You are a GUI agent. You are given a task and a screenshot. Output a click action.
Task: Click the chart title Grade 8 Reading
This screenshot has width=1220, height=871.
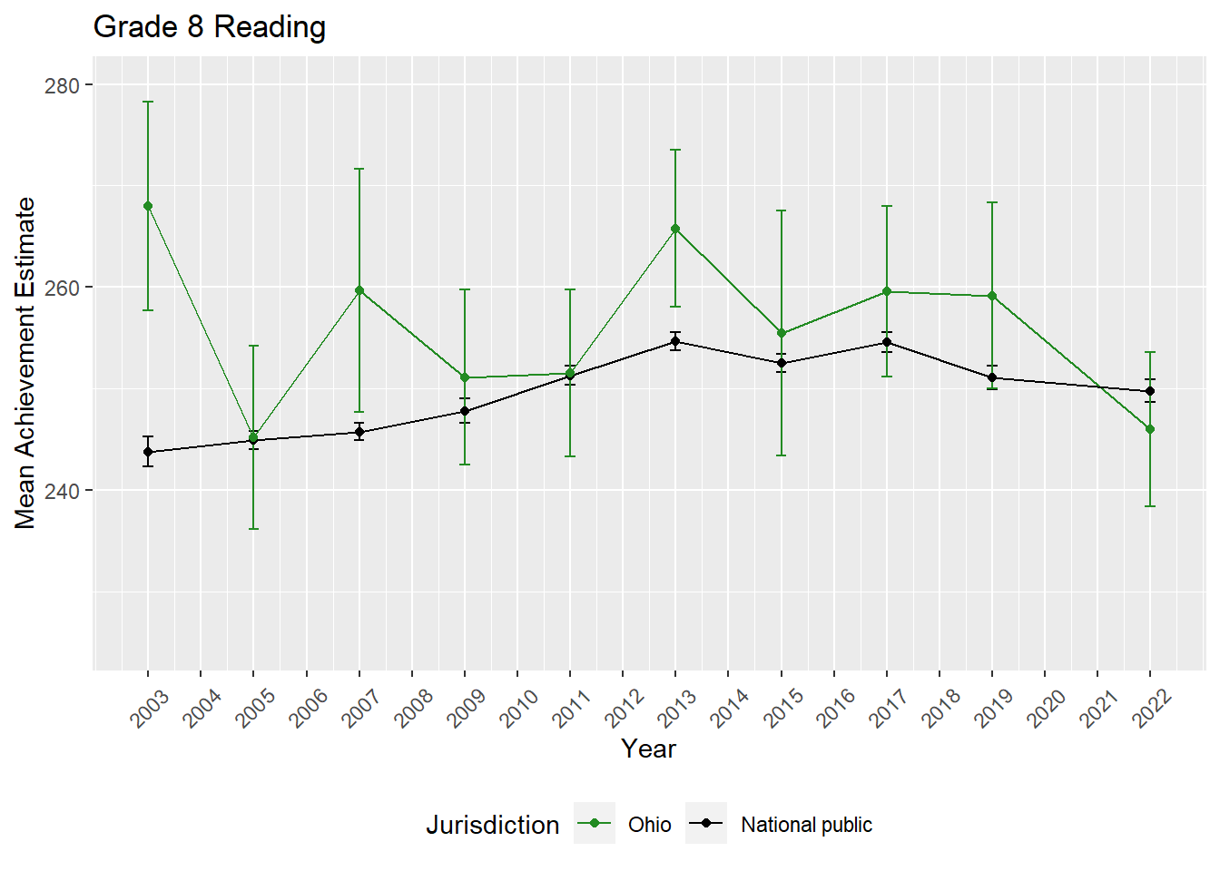tap(210, 27)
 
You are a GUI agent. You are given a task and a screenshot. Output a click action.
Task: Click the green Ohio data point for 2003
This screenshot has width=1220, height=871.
tap(148, 206)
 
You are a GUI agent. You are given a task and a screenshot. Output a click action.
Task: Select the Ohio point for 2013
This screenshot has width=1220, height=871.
tap(675, 229)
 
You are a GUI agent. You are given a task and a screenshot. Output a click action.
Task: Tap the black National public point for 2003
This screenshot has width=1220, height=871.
tap(148, 452)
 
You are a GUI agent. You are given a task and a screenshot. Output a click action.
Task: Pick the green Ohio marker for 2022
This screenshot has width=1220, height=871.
tap(1150, 429)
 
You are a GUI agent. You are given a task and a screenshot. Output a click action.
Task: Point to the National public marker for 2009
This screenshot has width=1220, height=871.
tap(465, 411)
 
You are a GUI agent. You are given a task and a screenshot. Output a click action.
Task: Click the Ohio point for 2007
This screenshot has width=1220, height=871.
tap(359, 290)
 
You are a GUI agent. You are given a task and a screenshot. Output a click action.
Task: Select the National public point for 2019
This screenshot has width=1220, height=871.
tap(992, 377)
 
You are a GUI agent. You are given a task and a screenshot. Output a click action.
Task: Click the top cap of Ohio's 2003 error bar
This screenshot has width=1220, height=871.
tap(148, 102)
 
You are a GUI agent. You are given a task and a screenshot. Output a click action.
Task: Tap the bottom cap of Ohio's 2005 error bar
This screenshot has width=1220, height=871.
tap(253, 529)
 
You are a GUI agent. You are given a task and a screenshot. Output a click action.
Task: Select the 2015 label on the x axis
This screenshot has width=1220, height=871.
tap(782, 708)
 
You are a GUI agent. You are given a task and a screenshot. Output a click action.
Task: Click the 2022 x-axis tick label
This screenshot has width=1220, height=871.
tap(1152, 708)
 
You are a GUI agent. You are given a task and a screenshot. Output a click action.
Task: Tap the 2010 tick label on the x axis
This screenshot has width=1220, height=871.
tap(519, 708)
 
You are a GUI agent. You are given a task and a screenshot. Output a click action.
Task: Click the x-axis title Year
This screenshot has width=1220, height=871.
tap(648, 749)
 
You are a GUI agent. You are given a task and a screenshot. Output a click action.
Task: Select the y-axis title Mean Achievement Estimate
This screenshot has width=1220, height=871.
tap(25, 363)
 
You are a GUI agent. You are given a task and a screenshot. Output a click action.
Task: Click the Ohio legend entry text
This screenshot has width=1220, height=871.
tap(650, 825)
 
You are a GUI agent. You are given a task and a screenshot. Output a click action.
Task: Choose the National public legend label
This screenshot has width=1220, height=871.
tap(806, 825)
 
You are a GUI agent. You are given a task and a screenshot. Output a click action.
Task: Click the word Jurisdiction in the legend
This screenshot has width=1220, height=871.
tap(493, 825)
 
